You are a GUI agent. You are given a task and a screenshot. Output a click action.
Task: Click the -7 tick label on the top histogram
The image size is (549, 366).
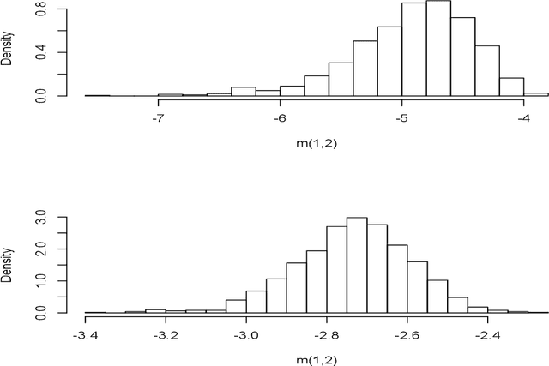click(158, 119)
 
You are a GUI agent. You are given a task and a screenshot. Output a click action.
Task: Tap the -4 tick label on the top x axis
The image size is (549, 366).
click(522, 119)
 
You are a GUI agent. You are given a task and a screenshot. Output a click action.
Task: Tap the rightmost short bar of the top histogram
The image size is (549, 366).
click(536, 94)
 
